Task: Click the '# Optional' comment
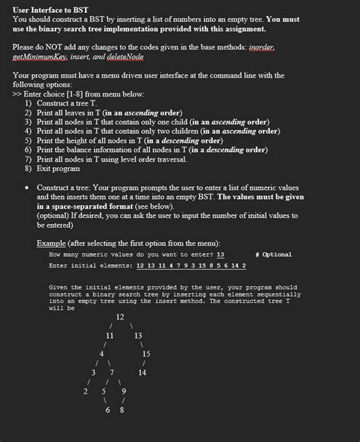click(x=273, y=254)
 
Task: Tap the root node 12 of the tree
click(x=120, y=317)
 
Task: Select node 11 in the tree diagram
click(x=110, y=335)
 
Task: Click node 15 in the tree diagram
click(x=146, y=353)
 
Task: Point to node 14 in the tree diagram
click(x=141, y=372)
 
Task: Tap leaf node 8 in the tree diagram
click(x=122, y=410)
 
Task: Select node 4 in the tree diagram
click(x=101, y=353)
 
